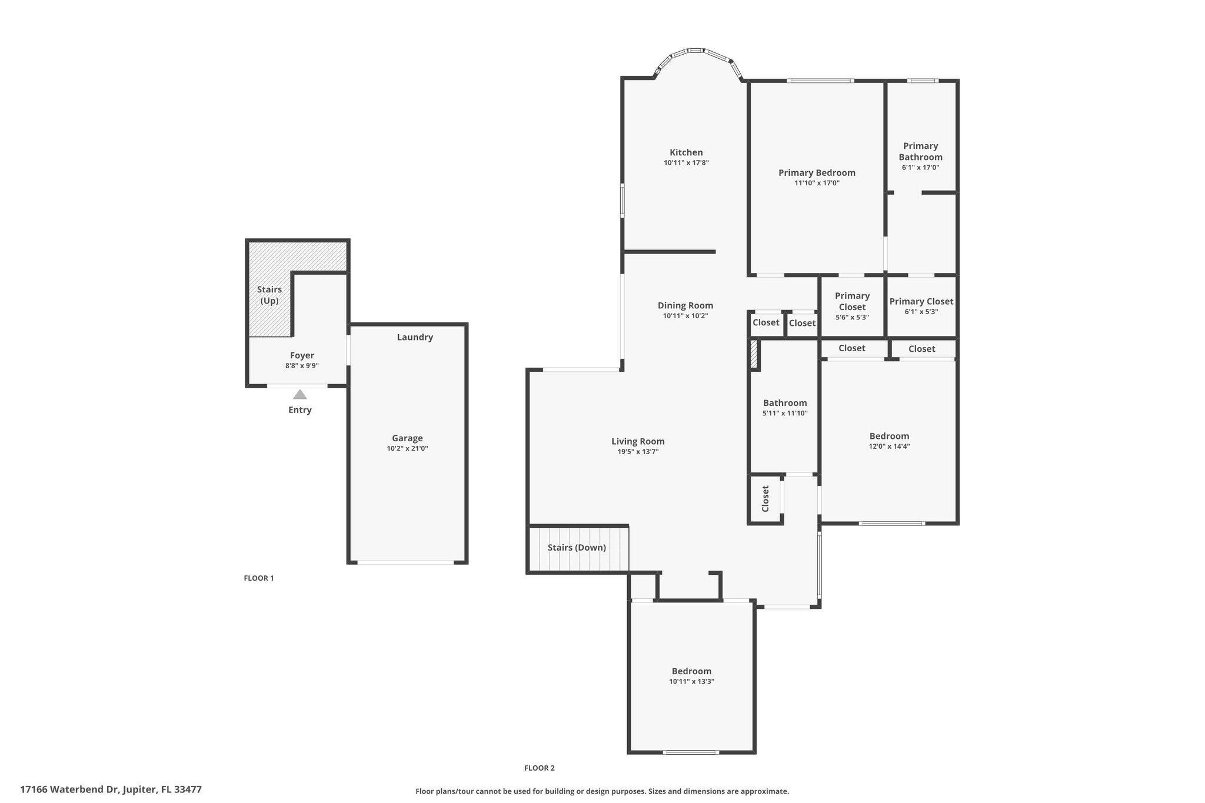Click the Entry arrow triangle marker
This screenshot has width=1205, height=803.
coord(300,395)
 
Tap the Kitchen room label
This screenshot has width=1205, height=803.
coord(686,152)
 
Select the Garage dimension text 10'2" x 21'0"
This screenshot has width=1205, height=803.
coord(407,449)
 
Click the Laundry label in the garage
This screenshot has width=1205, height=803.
coord(415,337)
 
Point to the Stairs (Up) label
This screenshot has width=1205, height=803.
coord(269,295)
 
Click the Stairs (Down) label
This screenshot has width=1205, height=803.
coord(577,548)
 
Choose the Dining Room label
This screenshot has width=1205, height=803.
coord(685,305)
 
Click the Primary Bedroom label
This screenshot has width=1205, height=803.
coord(817,172)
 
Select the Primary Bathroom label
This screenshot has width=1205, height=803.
coord(920,151)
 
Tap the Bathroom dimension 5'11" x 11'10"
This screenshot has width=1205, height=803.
coord(785,414)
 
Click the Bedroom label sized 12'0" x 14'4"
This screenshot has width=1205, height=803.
coord(889,436)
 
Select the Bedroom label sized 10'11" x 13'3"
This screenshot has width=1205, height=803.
coord(691,671)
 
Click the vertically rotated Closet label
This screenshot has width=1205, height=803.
coord(765,498)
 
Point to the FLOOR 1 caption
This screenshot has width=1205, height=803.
coord(259,578)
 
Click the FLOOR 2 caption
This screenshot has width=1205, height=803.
coord(540,768)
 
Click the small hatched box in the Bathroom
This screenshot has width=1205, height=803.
coord(754,355)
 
